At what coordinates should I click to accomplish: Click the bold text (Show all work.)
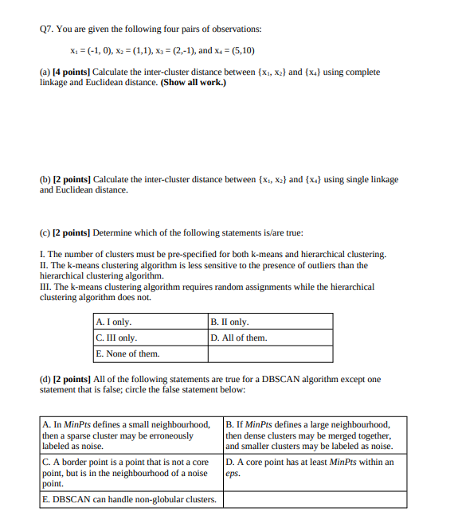(x=193, y=83)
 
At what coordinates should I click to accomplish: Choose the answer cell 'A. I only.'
(x=113, y=322)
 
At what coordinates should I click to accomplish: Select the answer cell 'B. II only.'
(x=230, y=322)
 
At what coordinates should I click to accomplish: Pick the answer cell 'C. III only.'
(x=115, y=338)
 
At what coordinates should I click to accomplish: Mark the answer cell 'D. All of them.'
(x=239, y=338)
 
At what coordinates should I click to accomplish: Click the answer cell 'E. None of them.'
(x=127, y=353)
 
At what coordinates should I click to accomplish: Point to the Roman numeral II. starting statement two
(x=45, y=265)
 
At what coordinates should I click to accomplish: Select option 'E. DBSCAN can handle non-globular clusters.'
(x=129, y=499)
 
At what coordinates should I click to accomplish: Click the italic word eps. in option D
(x=233, y=473)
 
